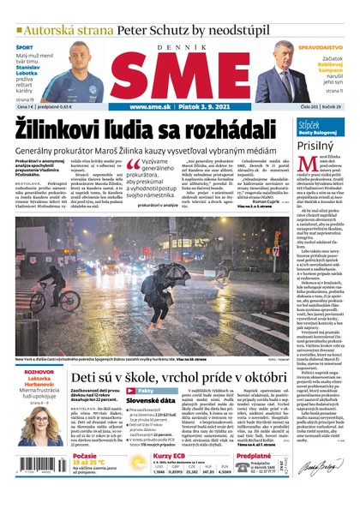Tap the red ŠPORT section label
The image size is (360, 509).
point(25,47)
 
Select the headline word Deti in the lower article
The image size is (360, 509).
point(87,375)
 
